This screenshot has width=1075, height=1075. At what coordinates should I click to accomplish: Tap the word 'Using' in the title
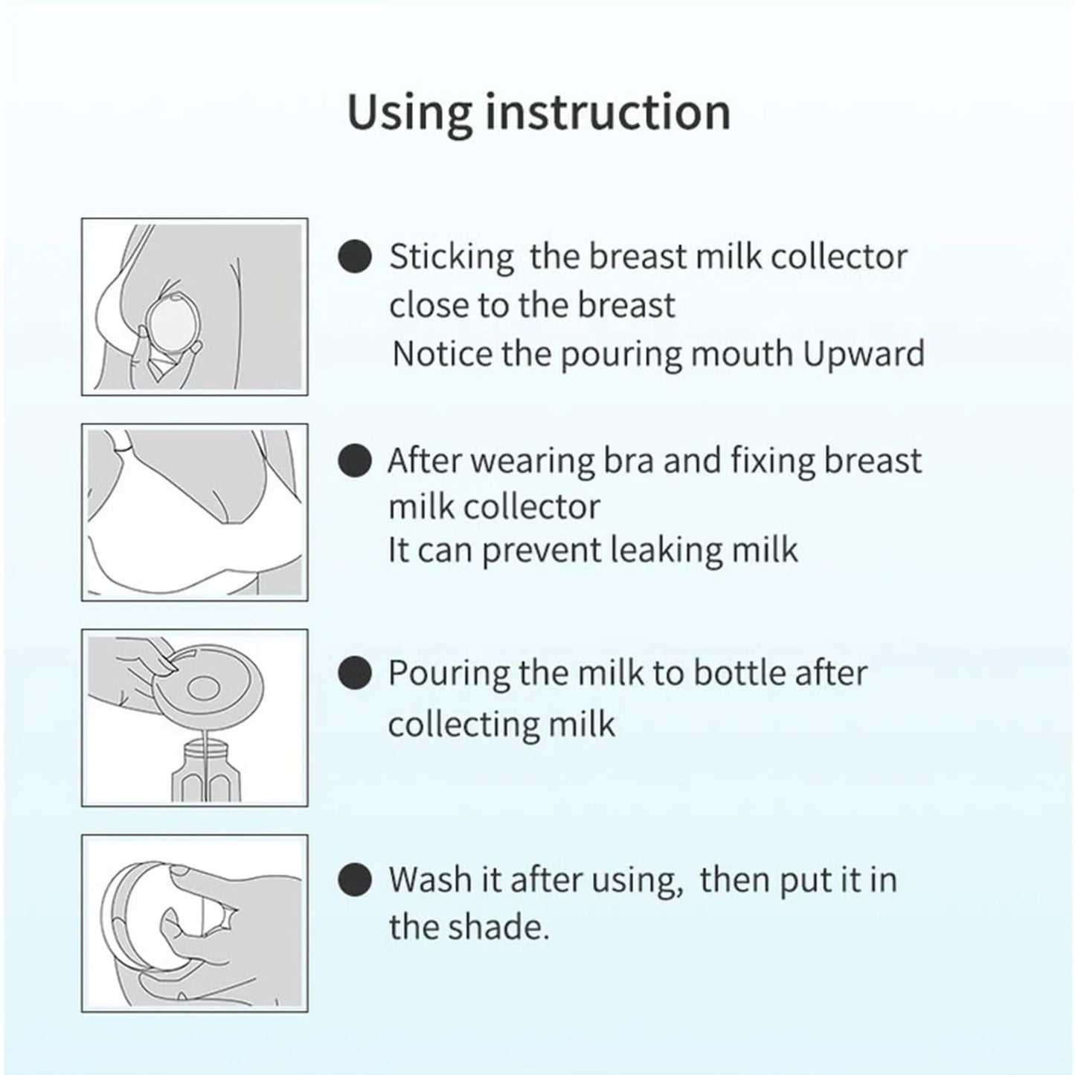[409, 112]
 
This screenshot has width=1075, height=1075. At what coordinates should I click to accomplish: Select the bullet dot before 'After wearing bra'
[354, 461]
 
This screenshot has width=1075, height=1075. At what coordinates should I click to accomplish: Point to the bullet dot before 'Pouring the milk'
[354, 673]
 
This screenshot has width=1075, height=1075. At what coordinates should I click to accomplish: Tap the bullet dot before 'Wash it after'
[354, 879]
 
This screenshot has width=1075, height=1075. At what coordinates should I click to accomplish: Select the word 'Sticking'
[452, 257]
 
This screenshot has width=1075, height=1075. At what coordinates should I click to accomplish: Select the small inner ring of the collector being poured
[205, 688]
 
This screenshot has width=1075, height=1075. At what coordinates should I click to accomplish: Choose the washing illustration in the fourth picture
[194, 922]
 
